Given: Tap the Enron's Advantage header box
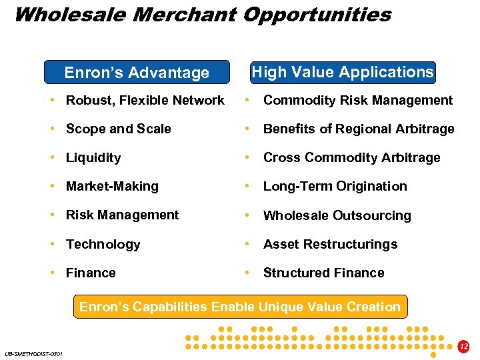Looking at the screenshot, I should (x=137, y=73).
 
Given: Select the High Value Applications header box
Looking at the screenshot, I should (x=343, y=72).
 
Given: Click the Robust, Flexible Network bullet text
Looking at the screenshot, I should (x=145, y=101).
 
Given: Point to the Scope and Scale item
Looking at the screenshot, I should (x=118, y=129).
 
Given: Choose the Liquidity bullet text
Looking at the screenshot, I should (x=93, y=158).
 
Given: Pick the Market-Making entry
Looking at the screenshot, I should (x=112, y=187).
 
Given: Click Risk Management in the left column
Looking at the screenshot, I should (x=122, y=215).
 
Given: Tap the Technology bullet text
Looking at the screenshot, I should (x=103, y=244).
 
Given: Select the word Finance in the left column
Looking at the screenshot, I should (x=91, y=273).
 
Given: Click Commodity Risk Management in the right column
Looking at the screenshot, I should (x=357, y=101).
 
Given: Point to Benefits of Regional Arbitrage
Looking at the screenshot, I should (x=358, y=129).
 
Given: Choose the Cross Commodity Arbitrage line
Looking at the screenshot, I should (x=351, y=158).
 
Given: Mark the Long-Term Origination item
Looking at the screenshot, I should (x=335, y=187).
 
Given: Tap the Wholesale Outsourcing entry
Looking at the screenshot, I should (x=337, y=215).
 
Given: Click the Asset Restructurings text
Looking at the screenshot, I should (x=330, y=244).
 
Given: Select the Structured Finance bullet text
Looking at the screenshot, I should (x=323, y=273).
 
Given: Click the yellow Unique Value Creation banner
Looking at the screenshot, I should (x=240, y=307).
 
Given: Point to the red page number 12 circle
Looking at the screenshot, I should (x=464, y=347).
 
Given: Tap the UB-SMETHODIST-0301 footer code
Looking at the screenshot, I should (x=33, y=353).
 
